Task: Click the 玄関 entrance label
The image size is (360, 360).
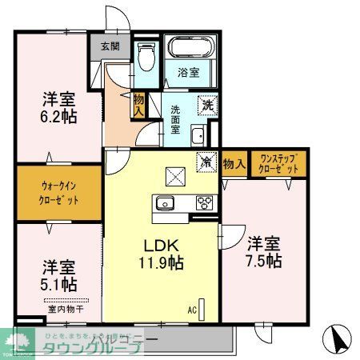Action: tap(110, 46)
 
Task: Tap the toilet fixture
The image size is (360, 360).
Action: tap(146, 57)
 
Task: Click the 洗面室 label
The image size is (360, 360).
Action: tap(177, 118)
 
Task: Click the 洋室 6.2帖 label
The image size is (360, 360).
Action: tap(58, 109)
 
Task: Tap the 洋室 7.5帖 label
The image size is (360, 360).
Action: tap(263, 251)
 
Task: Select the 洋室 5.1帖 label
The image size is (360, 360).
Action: tap(58, 274)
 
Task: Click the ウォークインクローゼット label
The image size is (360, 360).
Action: tap(60, 193)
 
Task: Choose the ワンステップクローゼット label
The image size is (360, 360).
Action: tap(278, 163)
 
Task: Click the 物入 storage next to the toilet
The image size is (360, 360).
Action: tap(138, 103)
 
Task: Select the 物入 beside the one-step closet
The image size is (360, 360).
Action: tap(234, 163)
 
